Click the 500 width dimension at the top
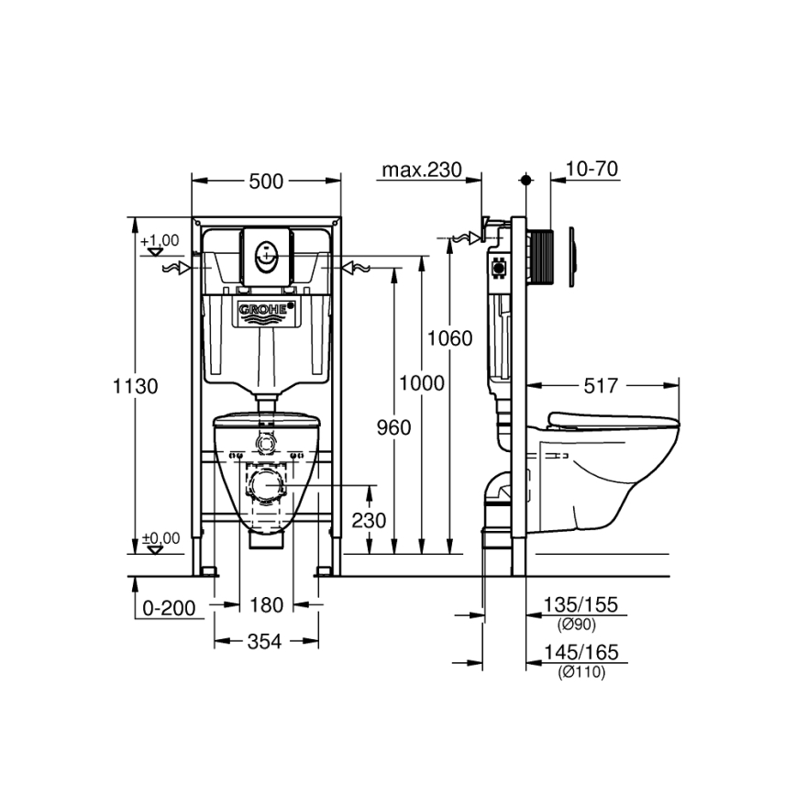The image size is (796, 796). [x=266, y=182]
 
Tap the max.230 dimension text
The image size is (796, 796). [x=419, y=170]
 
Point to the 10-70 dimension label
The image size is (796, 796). [x=591, y=169]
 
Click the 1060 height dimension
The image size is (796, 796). [x=450, y=338]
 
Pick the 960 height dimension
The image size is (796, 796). [x=392, y=426]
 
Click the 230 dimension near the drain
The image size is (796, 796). [x=368, y=520]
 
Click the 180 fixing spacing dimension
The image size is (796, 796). [x=266, y=605]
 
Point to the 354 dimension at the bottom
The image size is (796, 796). [x=266, y=642]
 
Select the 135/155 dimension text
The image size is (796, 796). [x=580, y=605]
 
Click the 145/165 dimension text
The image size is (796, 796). [x=580, y=653]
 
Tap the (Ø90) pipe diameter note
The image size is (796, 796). [x=580, y=624]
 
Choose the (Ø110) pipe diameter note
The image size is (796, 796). [x=580, y=671]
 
